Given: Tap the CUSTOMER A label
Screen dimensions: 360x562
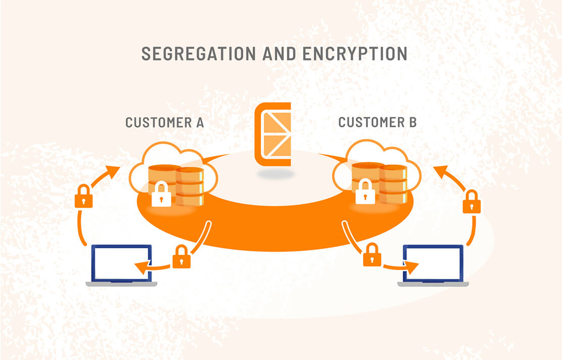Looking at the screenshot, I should (x=164, y=122).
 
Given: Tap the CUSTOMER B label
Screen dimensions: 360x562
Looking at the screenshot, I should (x=377, y=122).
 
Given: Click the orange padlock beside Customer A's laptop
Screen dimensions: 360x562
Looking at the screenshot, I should (x=181, y=257).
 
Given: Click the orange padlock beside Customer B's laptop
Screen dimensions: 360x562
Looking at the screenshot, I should (x=372, y=255).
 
